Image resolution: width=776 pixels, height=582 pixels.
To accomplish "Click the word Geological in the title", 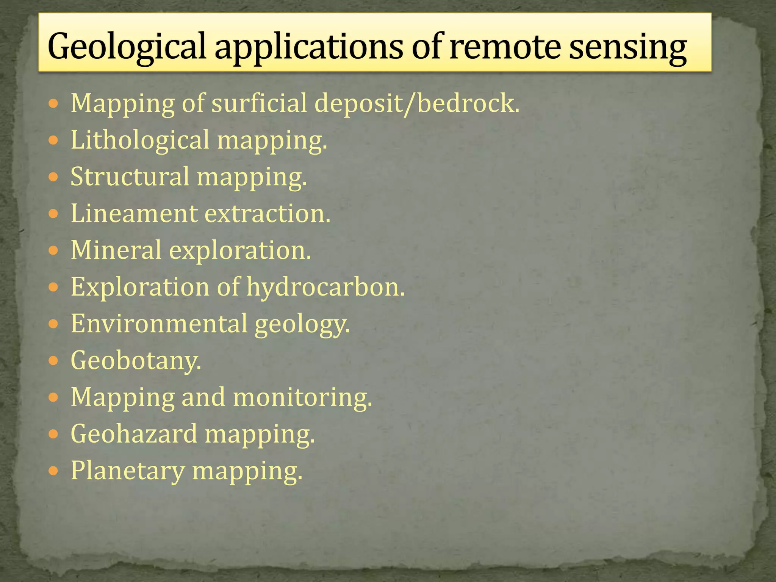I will pyautogui.click(x=127, y=47).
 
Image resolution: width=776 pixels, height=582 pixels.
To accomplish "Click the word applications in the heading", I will pyautogui.click(x=308, y=47).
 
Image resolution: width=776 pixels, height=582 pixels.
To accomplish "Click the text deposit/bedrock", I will pyautogui.click(x=417, y=103).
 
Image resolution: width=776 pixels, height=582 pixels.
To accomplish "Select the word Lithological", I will pyautogui.click(x=140, y=140).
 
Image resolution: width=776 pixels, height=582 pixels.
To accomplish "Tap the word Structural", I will pyautogui.click(x=130, y=177).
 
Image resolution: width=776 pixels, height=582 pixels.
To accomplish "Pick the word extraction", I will pyautogui.click(x=268, y=213).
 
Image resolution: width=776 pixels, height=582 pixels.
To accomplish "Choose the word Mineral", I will pyautogui.click(x=116, y=250).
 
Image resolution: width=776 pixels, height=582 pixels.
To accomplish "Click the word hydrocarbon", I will pyautogui.click(x=326, y=287).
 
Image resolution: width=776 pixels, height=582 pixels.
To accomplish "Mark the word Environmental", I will pyautogui.click(x=159, y=324).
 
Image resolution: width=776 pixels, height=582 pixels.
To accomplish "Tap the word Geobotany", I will pyautogui.click(x=136, y=360).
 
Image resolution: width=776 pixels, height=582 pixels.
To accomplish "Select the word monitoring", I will pyautogui.click(x=302, y=397).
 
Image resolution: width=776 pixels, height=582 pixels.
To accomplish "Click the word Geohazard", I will pyautogui.click(x=134, y=434).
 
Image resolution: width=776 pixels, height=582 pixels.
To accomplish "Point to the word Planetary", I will pyautogui.click(x=128, y=471).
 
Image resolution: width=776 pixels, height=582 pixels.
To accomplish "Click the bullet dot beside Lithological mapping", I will pyautogui.click(x=54, y=141).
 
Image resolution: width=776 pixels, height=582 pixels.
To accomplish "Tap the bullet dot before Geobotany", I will pyautogui.click(x=54, y=361).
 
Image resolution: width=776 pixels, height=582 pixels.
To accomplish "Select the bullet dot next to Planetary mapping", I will pyautogui.click(x=54, y=471).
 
